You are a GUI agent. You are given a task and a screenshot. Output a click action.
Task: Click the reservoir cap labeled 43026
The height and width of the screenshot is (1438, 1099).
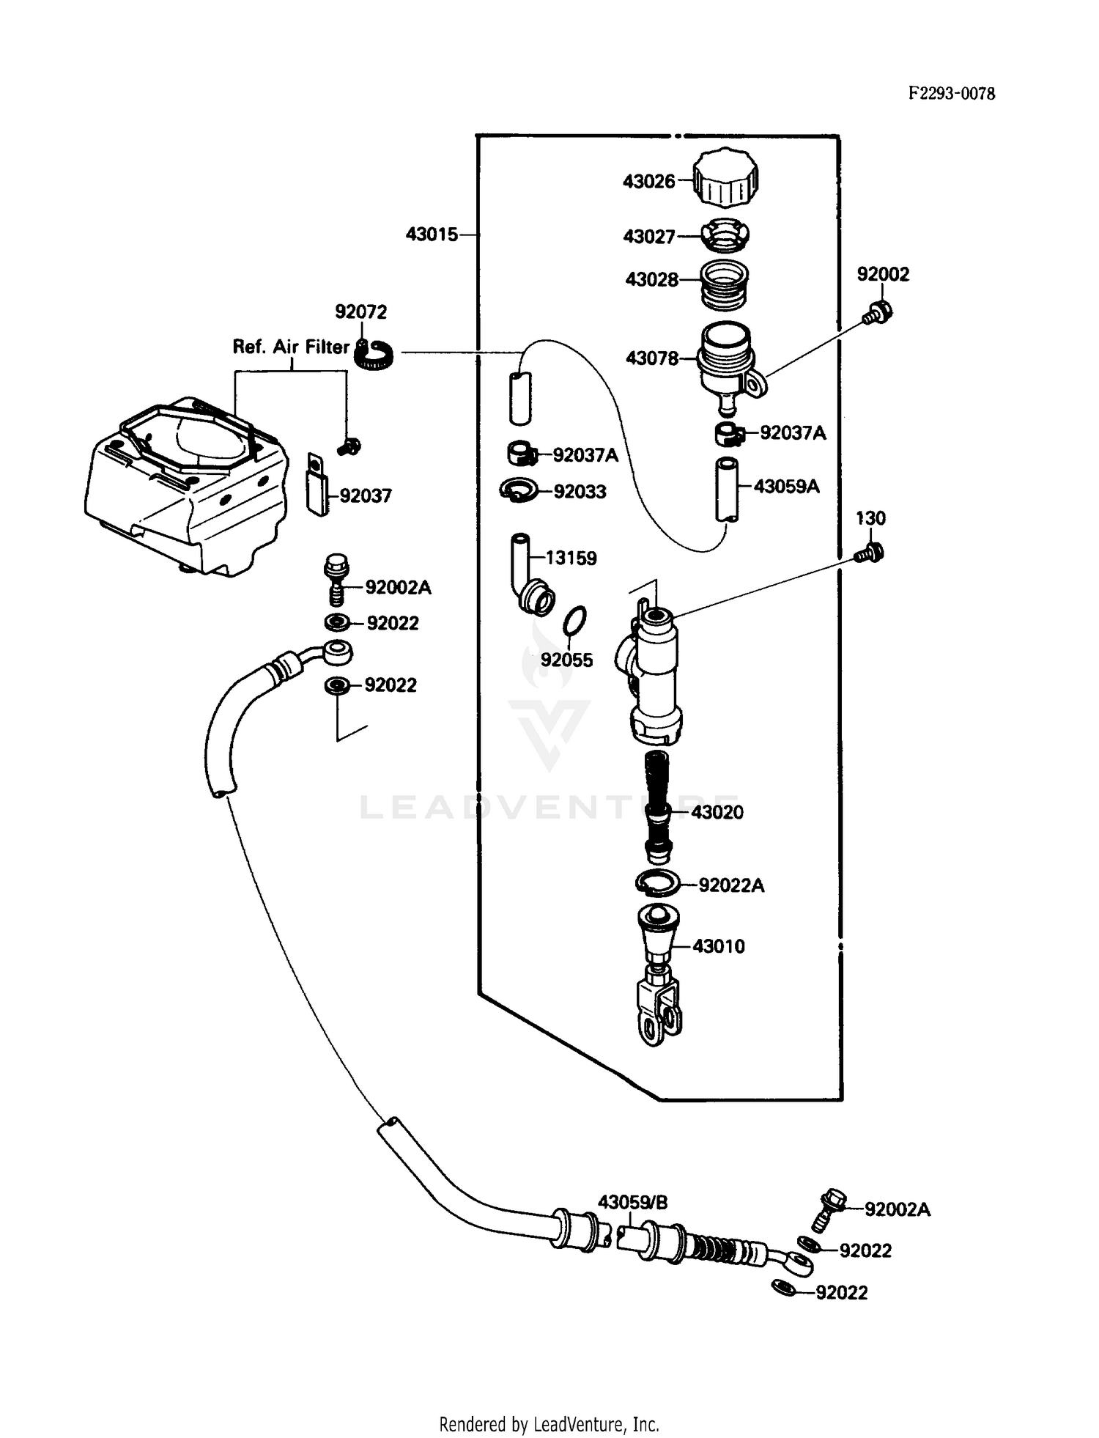click(725, 179)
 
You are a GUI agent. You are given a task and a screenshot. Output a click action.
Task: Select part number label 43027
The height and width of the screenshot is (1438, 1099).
click(648, 237)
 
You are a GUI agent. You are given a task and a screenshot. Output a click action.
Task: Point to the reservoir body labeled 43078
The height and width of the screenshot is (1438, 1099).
click(726, 359)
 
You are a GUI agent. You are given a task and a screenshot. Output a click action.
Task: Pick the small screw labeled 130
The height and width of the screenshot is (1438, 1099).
click(870, 551)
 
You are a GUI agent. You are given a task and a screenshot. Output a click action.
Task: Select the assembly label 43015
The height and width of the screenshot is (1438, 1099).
click(432, 235)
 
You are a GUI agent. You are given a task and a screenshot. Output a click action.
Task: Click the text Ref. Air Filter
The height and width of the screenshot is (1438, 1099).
click(290, 347)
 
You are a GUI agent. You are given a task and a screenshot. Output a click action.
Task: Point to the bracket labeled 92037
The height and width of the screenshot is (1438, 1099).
click(317, 485)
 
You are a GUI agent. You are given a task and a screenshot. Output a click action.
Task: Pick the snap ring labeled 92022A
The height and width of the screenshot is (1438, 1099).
click(658, 884)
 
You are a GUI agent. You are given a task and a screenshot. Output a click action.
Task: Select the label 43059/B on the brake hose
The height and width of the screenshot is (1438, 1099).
click(632, 1203)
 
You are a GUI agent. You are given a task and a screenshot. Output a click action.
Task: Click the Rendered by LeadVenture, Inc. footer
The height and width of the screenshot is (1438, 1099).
click(549, 1424)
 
